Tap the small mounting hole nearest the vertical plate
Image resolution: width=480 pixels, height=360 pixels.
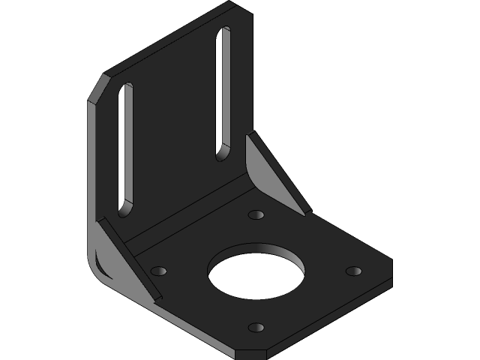pyautogui.click(x=256, y=215)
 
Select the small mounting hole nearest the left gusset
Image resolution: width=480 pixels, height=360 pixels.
pyautogui.click(x=159, y=270)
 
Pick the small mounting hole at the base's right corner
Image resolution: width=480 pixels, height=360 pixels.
pyautogui.click(x=354, y=271)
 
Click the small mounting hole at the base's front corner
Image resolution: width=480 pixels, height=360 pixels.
pyautogui.click(x=256, y=327)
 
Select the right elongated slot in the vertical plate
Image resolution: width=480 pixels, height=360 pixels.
pyautogui.click(x=223, y=94)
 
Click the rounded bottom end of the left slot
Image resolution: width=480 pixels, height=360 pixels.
pyautogui.click(x=125, y=207)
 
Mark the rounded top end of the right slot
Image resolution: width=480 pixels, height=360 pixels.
pyautogui.click(x=225, y=32)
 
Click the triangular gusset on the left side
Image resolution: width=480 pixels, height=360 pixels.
pyautogui.click(x=120, y=259)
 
